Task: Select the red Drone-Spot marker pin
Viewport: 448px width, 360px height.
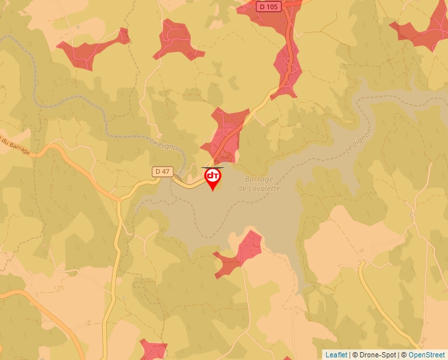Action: coord(213,178)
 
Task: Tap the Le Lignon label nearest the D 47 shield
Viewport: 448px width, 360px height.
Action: coord(165,146)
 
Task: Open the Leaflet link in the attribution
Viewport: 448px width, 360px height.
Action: coord(336,355)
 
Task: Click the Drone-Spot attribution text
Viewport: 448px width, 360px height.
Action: coord(376,355)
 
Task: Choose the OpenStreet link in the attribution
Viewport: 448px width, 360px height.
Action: coord(427,355)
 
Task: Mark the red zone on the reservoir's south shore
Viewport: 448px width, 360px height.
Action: coord(242,252)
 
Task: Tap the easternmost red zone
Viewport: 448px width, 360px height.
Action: coord(422,30)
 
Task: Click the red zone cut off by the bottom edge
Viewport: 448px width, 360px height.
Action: coord(153,349)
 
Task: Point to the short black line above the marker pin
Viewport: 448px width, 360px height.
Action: coord(212,167)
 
